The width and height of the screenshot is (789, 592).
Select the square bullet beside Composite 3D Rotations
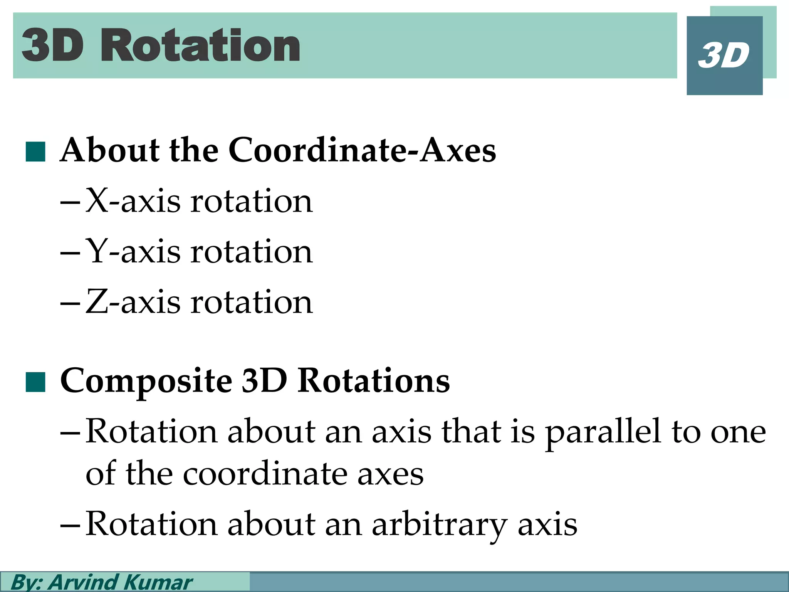pyautogui.click(x=35, y=382)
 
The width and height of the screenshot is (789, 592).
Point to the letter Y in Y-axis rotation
pyautogui.click(x=96, y=251)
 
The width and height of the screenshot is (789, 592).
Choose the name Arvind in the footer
pyautogui.click(x=82, y=582)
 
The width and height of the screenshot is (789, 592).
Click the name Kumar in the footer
pyautogui.click(x=158, y=582)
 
